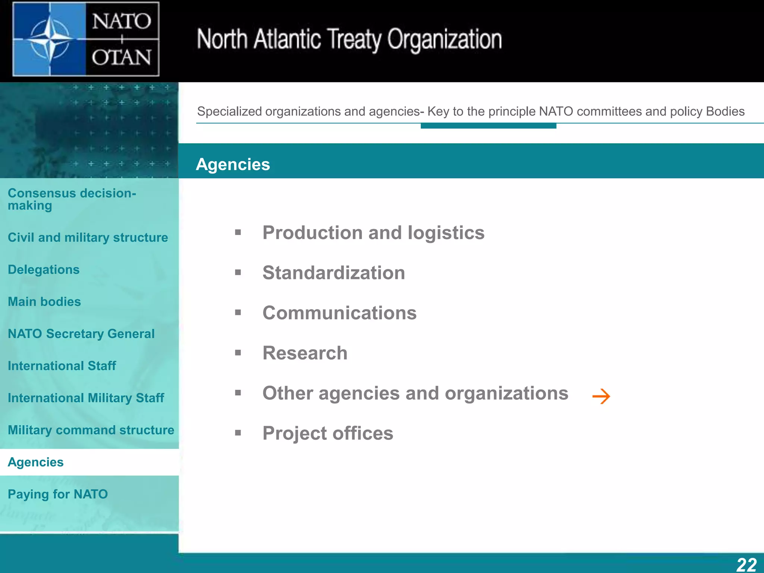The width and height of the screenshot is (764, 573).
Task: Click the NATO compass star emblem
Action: pos(49,39)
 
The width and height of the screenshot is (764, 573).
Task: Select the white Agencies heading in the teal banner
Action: pos(233,165)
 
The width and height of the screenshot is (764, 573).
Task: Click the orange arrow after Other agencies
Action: pos(601,396)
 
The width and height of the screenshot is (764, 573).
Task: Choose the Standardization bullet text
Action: pos(334,273)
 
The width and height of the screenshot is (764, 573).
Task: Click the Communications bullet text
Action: pos(339,313)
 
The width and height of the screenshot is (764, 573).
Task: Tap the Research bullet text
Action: pos(305,353)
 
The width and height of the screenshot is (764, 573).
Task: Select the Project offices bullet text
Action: pos(328,433)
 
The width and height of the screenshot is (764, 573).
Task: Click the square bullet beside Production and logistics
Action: pos(238,233)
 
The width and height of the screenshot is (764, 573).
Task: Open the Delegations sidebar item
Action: pos(44,269)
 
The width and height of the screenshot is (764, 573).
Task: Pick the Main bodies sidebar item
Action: pos(44,301)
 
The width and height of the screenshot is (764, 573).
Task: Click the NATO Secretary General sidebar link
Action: pos(81,334)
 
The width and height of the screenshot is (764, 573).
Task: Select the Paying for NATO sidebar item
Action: pos(58,494)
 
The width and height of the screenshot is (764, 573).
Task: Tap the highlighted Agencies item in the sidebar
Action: pos(36,462)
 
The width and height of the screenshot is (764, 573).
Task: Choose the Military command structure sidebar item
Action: pos(91,430)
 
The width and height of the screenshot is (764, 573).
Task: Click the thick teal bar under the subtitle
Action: pos(488,126)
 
